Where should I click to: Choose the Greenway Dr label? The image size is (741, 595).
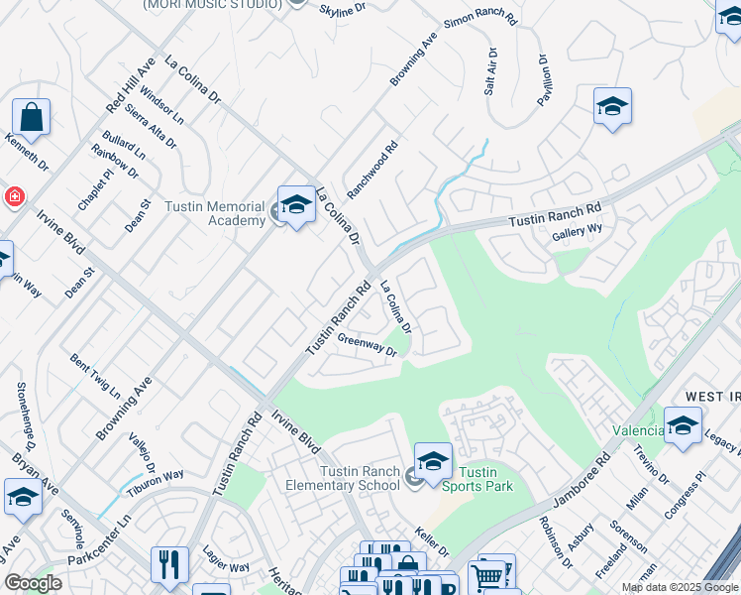coord(367,345)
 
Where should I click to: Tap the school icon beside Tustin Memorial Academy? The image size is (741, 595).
coord(295,205)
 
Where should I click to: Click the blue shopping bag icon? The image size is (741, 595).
coord(31,118)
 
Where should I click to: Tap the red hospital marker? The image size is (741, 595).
coord(14,196)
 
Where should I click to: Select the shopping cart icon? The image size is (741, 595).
coord(486,574)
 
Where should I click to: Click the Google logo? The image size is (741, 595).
coord(34,583)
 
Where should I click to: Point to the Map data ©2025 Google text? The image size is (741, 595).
coord(680,587)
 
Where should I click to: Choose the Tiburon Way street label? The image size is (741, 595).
coord(155,481)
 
